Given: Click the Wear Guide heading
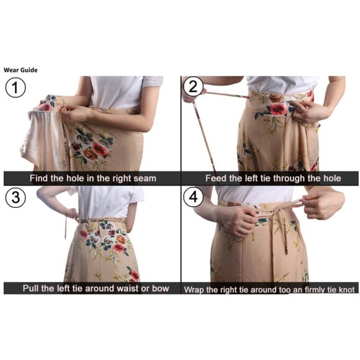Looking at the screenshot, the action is click(x=20, y=70).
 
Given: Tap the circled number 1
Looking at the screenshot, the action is click(x=16, y=88).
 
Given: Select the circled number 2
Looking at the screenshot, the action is click(x=193, y=86).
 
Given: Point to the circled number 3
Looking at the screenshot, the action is click(x=16, y=197).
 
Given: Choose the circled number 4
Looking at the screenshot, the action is click(x=194, y=197).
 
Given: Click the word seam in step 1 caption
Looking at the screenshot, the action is click(x=145, y=178).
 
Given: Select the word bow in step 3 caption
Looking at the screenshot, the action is click(x=161, y=289).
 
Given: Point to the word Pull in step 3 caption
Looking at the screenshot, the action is click(x=31, y=289).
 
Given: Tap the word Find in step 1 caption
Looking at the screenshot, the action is click(x=38, y=178).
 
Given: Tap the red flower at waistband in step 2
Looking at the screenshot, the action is click(x=278, y=109).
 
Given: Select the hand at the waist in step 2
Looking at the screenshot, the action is click(x=310, y=112).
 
